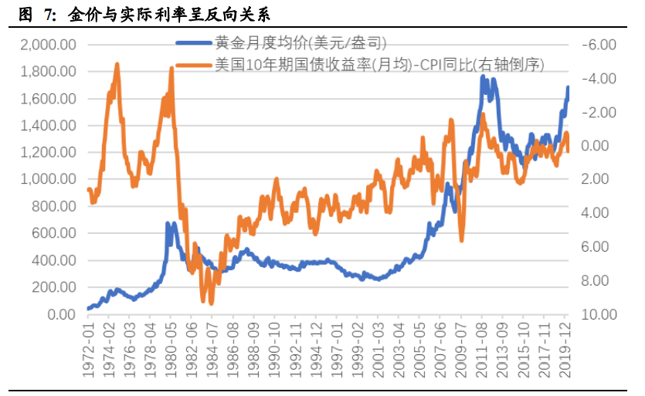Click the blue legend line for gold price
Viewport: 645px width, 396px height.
(x=193, y=44)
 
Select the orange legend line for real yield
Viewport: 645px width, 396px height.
(x=193, y=66)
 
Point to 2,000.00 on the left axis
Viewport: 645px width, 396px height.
(x=48, y=45)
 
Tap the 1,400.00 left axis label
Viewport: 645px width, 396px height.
(x=48, y=126)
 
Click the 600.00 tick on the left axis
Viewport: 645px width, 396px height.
(x=54, y=233)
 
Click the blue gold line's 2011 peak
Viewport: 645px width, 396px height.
(x=483, y=76)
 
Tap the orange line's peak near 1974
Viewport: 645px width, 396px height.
(x=117, y=64)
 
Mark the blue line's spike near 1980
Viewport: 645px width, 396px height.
(x=168, y=224)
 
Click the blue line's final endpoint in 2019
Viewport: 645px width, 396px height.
(x=568, y=87)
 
